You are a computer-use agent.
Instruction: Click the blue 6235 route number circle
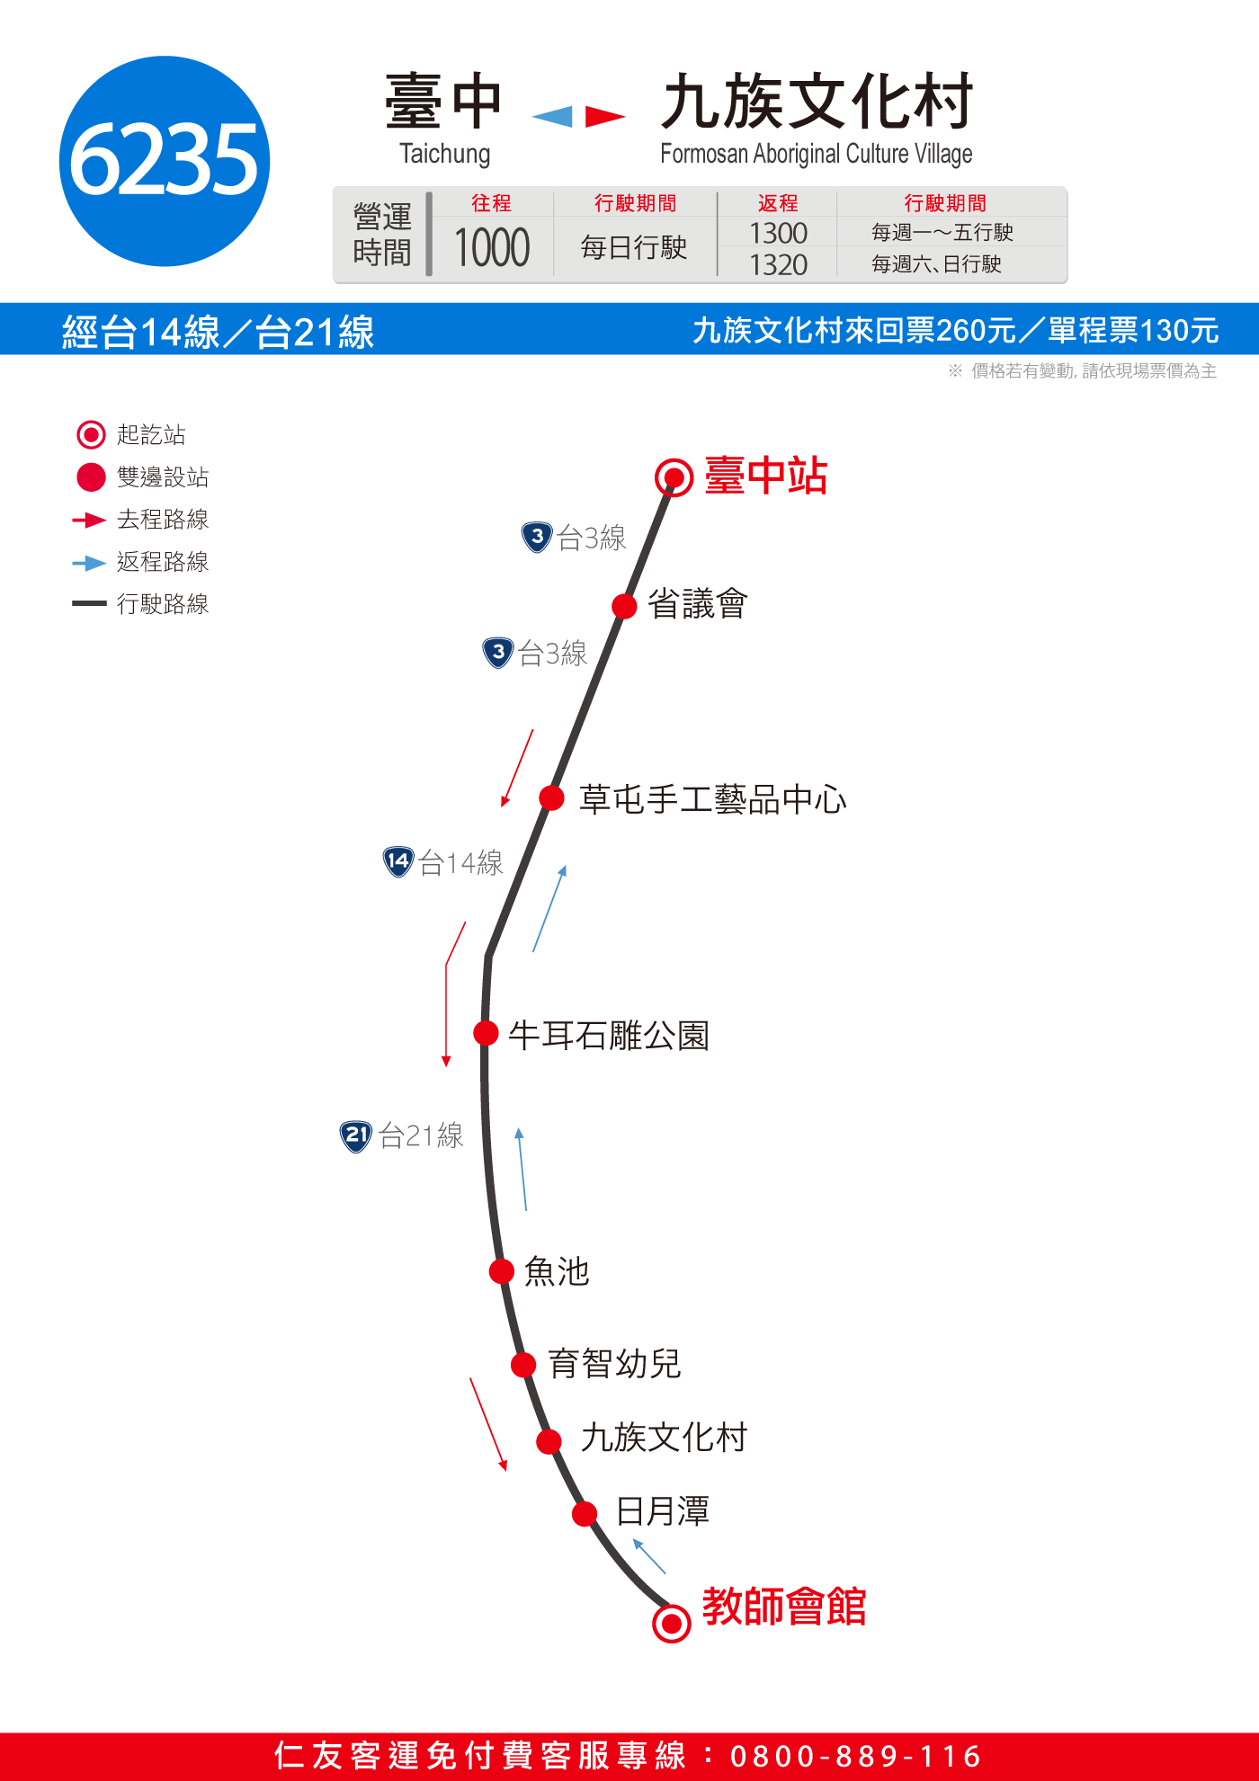pos(165,161)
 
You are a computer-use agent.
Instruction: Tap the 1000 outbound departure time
pos(492,248)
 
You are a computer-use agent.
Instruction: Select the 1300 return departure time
pos(778,234)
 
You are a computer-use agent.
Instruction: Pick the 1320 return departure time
pos(778,265)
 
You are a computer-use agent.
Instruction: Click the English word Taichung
pos(445,154)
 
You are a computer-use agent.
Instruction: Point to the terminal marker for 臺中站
pos(674,477)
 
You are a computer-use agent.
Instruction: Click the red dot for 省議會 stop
pos(624,606)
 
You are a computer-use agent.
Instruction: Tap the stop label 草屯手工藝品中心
pos(713,799)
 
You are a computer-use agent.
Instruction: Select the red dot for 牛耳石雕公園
pos(486,1033)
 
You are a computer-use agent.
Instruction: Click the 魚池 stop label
pos(557,1271)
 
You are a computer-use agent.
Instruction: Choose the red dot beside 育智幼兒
pos(523,1365)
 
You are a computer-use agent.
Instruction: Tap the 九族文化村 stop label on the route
pos(664,1438)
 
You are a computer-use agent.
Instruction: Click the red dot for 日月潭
pos(585,1514)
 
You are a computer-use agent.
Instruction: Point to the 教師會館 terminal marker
pos(671,1624)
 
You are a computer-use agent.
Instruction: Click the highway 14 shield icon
pos(397,861)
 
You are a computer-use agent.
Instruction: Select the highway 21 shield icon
pos(356,1136)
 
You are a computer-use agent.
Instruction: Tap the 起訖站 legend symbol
pos(91,435)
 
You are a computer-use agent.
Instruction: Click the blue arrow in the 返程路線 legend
pos(89,564)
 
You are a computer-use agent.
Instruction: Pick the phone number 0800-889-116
pos(855,1756)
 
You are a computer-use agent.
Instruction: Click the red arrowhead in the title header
pos(604,117)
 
